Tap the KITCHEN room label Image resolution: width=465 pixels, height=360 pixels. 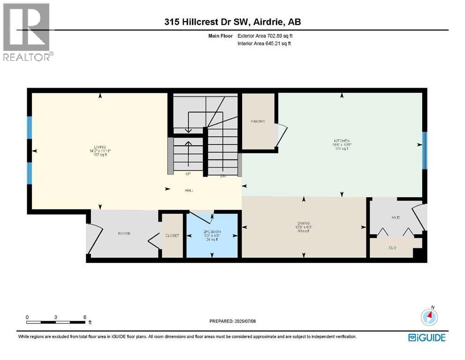(x=342, y=141)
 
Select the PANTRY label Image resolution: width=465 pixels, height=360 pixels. (x=258, y=121)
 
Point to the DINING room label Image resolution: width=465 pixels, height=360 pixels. (x=303, y=223)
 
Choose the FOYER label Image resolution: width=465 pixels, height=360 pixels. (x=123, y=233)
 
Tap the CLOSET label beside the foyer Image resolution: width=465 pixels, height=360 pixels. (x=172, y=235)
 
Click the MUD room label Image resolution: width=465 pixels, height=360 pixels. (x=396, y=218)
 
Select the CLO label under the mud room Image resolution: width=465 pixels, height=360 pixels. (x=392, y=247)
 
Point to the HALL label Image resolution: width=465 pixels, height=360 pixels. (x=189, y=190)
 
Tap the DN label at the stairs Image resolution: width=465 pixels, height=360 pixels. (x=223, y=176)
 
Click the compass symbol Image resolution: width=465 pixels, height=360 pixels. (x=429, y=317)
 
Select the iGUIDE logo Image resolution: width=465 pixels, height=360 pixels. (x=427, y=337)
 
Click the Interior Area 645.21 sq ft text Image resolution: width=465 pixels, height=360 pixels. (x=265, y=44)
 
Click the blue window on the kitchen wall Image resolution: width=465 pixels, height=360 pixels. (x=424, y=150)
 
